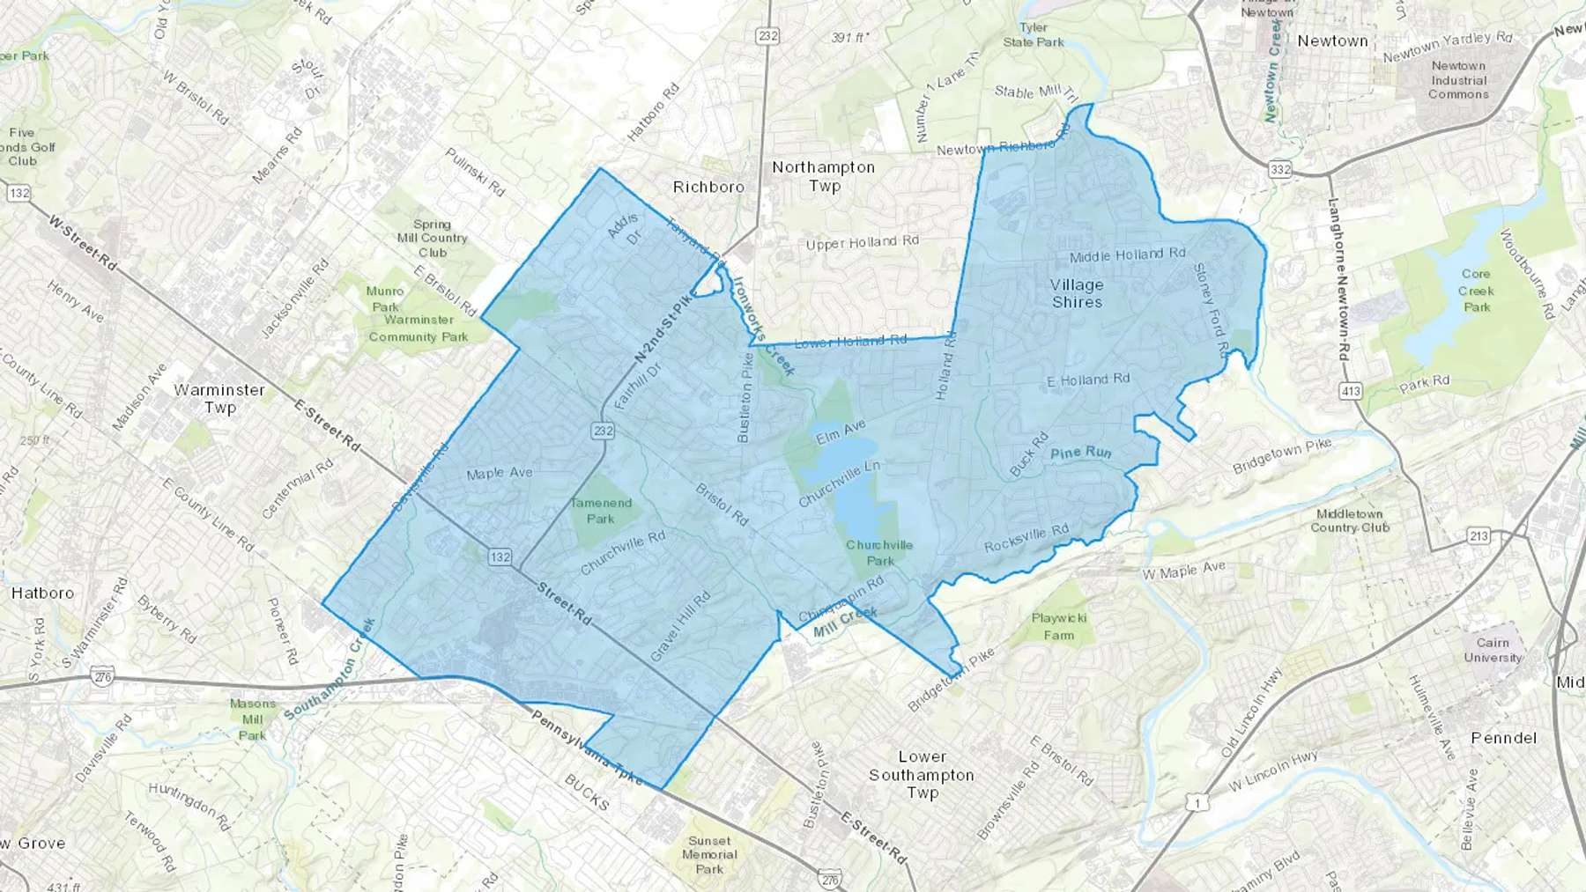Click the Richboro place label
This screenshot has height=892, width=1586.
[708, 187]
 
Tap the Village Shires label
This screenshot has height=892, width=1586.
[1077, 293]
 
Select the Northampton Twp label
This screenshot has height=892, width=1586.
[824, 176]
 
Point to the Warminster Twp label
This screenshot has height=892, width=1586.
[219, 398]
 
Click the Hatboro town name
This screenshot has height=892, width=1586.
[42, 593]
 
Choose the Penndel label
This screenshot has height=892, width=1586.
[1503, 738]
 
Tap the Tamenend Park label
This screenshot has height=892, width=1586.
[601, 511]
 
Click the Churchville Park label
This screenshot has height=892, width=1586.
[879, 552]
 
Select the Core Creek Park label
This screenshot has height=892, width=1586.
[1476, 291]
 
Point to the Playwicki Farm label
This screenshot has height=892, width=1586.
[1059, 626]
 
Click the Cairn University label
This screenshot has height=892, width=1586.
[1493, 650]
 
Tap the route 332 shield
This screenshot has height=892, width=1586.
[1280, 168]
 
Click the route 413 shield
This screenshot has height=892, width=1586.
[1350, 391]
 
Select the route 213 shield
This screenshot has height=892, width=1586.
[1479, 535]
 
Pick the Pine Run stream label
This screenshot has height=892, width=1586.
[1081, 453]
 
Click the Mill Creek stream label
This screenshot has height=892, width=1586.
[845, 621]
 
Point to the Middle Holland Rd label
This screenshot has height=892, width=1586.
[1127, 255]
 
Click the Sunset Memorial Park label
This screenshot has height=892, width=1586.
[709, 855]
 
